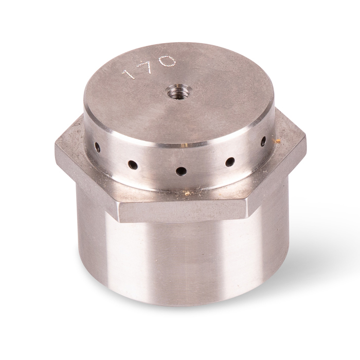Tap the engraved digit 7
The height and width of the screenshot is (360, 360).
coord(148,66)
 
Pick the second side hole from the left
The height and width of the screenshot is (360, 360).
coord(133,165)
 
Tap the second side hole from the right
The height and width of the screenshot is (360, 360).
coord(230,161)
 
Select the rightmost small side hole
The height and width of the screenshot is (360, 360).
coord(263,140)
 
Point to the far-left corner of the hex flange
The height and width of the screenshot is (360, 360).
coord(56,149)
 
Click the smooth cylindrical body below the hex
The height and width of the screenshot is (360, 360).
coord(180,262)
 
